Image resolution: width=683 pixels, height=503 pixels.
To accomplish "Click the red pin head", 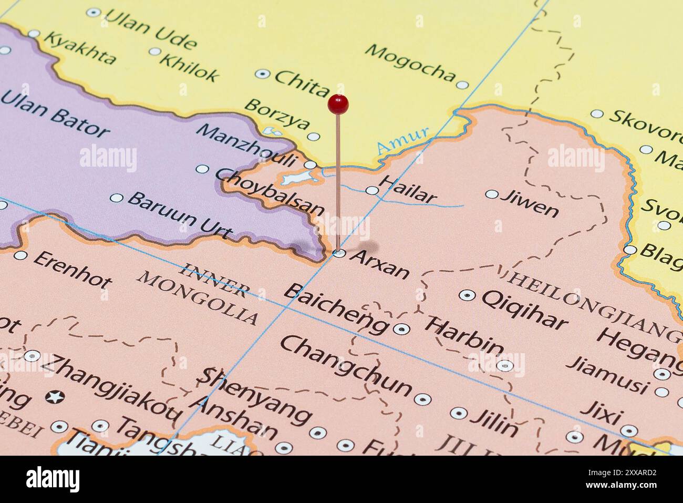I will tap(338, 104).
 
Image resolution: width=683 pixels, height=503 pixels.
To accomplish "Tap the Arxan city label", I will tap(380, 264).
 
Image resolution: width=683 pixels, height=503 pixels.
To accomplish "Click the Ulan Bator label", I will tap(55, 112).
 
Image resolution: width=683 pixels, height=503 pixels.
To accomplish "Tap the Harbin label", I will tap(464, 335).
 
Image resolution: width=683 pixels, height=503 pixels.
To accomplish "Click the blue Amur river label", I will tap(403, 139).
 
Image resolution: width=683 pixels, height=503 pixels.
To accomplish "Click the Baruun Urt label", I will tap(180, 214).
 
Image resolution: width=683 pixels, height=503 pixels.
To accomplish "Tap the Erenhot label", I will tap(73, 269).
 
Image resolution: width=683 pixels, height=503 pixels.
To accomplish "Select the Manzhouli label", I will tap(247, 145).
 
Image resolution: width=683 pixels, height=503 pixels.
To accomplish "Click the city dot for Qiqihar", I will tap(467, 295).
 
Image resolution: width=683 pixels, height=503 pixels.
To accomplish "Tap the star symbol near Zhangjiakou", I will tap(54, 396).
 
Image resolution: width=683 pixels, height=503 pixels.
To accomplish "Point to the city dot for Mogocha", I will tap(462, 85).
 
